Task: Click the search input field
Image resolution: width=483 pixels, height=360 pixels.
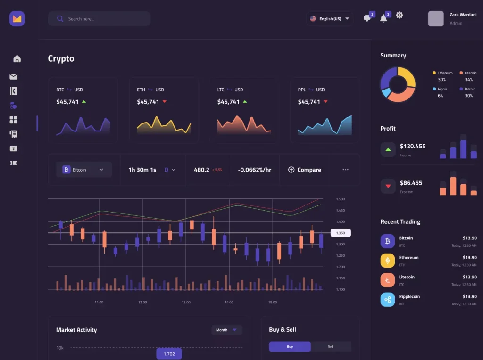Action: coord(99,19)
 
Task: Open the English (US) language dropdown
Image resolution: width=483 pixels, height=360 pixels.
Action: coord(330,19)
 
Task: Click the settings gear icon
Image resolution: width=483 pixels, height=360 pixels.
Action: coord(400,16)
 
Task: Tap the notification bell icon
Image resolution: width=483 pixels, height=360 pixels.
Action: coord(383,18)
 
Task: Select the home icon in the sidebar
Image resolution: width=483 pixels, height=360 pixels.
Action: coord(17,59)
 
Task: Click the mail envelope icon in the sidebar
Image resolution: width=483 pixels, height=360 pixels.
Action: coord(13,76)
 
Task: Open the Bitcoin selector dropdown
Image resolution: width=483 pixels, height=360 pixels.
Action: coord(83,170)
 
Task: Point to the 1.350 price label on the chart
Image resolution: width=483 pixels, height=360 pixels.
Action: coord(341,233)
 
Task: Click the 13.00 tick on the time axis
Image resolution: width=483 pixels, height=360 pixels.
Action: coord(186,302)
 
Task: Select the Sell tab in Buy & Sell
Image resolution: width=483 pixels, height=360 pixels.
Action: coord(331,347)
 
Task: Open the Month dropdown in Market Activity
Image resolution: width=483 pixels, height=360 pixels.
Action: coord(227,330)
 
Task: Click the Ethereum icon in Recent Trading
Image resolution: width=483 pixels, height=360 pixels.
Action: coord(388,261)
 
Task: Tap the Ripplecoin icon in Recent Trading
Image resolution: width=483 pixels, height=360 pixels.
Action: coord(388,300)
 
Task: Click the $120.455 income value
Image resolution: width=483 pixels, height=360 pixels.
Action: coord(413,146)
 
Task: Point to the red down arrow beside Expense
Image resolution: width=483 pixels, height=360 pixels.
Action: coord(388,186)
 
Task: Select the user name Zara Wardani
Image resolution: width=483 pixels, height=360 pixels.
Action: coord(463,15)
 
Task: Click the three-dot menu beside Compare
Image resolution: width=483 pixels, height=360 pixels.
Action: coord(345,170)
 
